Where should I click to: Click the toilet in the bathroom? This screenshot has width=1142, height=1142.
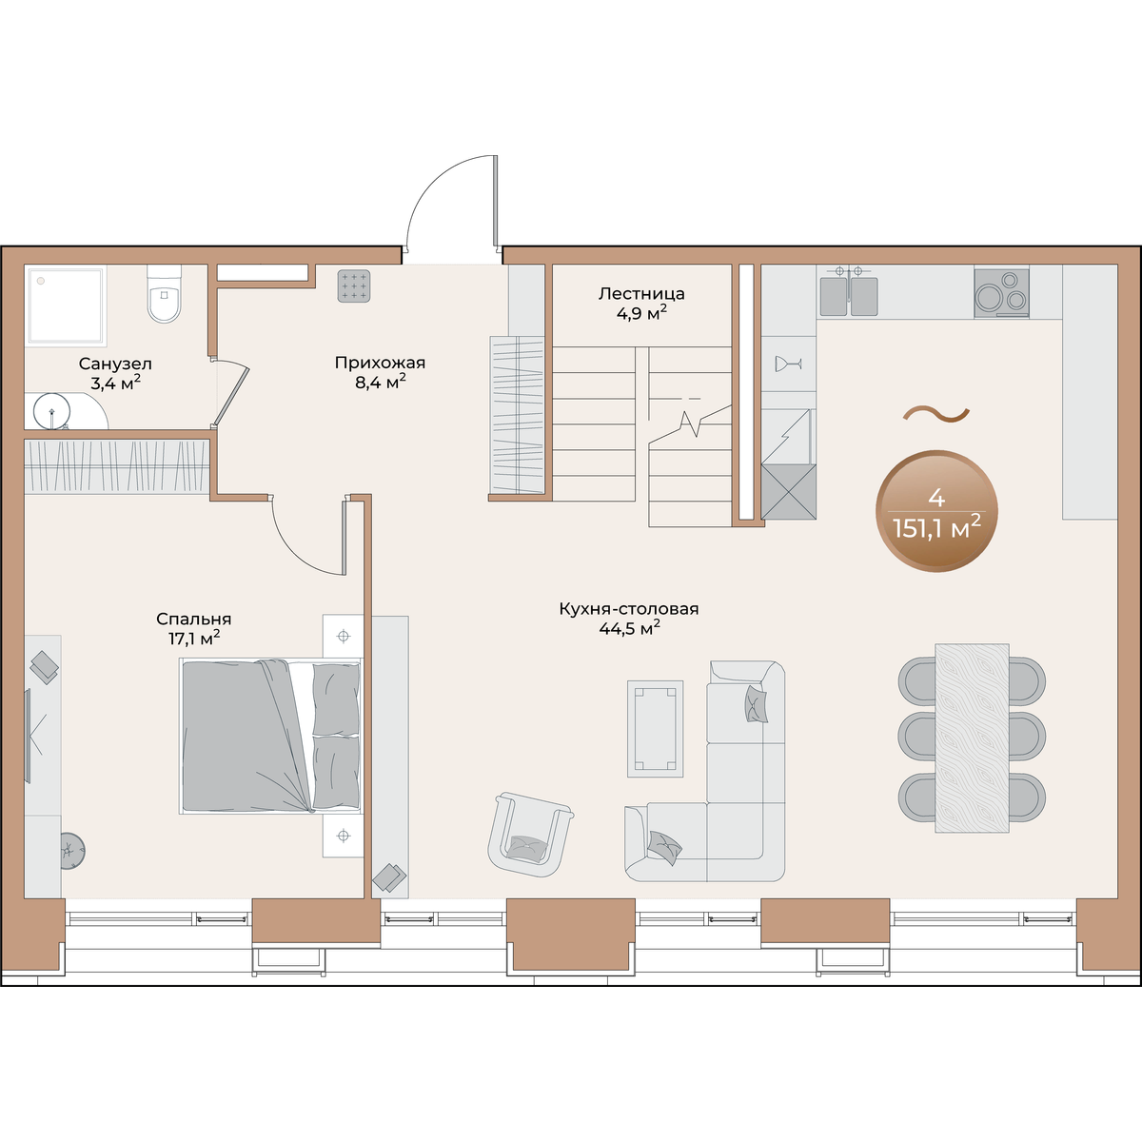164,293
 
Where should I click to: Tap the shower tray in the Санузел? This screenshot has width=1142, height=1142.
66,305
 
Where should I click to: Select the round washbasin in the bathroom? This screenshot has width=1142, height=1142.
51,410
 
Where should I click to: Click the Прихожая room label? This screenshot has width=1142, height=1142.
380,371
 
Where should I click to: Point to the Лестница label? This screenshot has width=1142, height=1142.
641,303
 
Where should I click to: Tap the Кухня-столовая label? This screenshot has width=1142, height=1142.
629,619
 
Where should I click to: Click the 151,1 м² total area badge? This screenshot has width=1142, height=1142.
936,511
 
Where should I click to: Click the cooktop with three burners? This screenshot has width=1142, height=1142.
1001,293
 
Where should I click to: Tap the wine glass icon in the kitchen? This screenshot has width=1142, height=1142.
788,364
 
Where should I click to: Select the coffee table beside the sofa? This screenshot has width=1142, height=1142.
655,728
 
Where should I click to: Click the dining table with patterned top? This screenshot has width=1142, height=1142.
972,738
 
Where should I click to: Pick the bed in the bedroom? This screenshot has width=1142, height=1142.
270,736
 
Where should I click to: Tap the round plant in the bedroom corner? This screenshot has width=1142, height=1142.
72,851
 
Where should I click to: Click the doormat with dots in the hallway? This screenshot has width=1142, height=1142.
354,286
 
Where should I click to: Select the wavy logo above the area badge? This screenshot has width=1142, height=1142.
936,414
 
